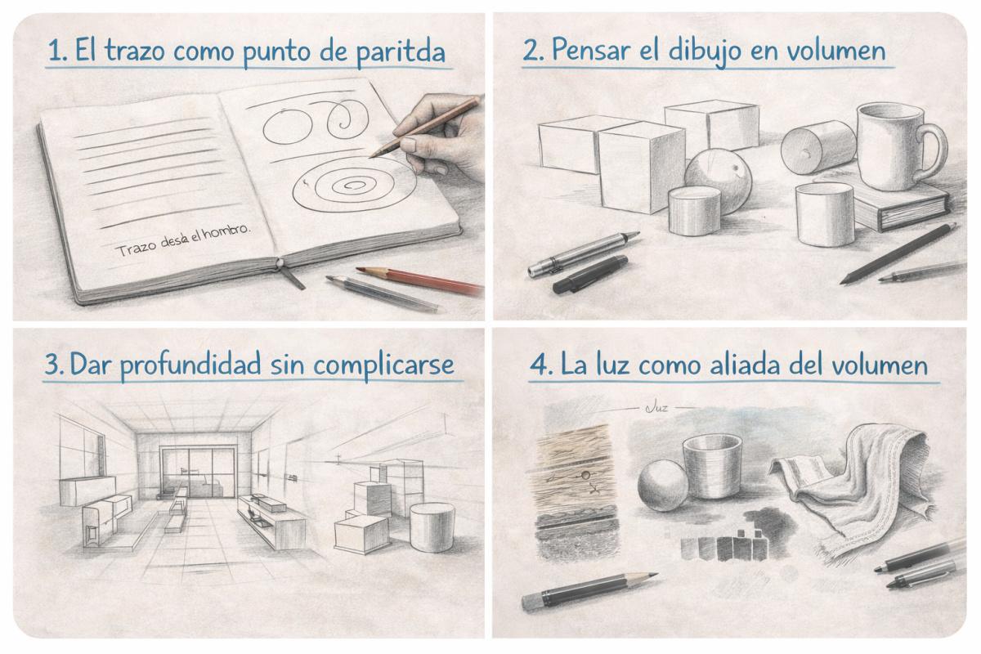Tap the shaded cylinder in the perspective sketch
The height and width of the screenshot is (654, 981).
point(432,527)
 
